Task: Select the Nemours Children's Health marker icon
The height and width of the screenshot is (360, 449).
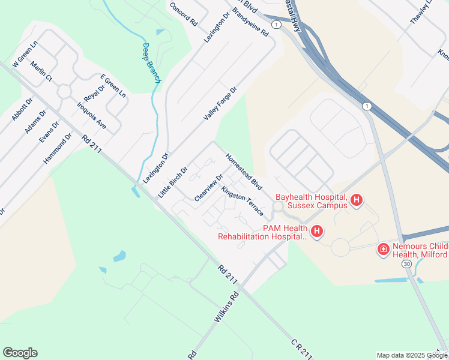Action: tap(383, 249)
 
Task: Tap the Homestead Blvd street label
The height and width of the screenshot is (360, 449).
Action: tap(244, 172)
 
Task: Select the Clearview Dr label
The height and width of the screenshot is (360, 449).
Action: tap(209, 187)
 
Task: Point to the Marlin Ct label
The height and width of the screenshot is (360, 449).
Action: tap(41, 71)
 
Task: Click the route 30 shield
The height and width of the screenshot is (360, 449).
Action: tap(406, 264)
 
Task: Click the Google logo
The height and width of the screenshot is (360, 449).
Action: tap(20, 353)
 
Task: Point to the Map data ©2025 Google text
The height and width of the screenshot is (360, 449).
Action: tap(411, 355)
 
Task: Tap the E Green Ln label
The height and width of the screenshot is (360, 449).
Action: tap(113, 86)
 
